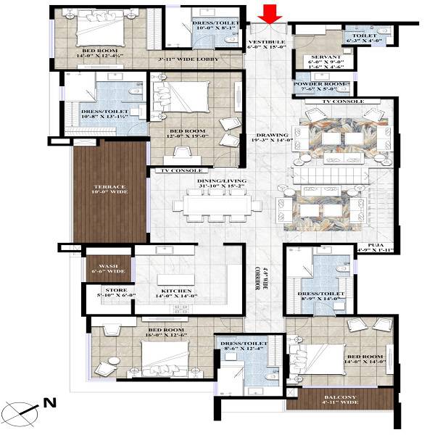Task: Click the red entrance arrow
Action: (x=271, y=12)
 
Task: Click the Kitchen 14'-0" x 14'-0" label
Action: (x=177, y=294)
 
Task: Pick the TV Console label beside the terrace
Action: (x=175, y=170)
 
